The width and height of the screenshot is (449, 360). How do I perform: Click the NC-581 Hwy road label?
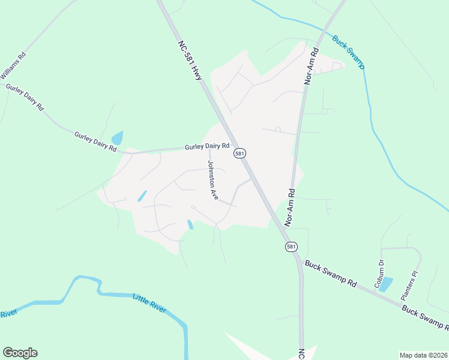pyautogui.click(x=190, y=61)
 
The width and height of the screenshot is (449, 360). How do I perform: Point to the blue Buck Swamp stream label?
pyautogui.click(x=348, y=52)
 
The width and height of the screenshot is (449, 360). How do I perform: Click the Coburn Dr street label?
pyautogui.click(x=379, y=274)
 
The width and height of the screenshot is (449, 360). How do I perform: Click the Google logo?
pyautogui.click(x=20, y=353)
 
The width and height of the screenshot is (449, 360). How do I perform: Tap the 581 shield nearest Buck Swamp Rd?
pyautogui.click(x=291, y=247)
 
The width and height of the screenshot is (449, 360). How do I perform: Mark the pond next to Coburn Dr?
pyautogui.click(x=386, y=283)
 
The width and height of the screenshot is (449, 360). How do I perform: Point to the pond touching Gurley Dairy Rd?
pyautogui.click(x=117, y=138)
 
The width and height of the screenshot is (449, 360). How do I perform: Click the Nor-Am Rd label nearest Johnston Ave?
pyautogui.click(x=290, y=208)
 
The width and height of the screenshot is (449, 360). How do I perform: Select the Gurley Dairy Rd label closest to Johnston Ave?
pyautogui.click(x=207, y=146)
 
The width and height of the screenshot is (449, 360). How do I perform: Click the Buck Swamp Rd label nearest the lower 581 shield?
pyautogui.click(x=331, y=272)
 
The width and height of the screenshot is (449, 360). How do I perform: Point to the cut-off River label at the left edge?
pyautogui.click(x=8, y=314)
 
